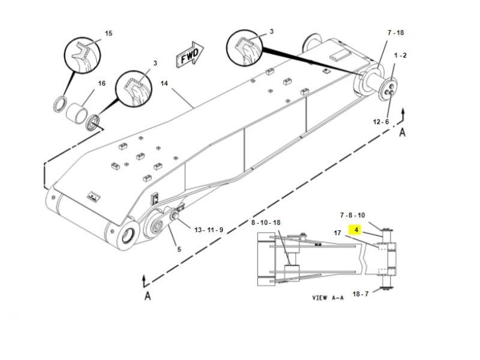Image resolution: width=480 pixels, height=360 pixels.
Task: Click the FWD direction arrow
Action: pyautogui.click(x=190, y=55)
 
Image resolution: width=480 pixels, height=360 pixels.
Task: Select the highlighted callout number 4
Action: pyautogui.click(x=356, y=230)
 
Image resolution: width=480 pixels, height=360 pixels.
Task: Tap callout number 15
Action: pyautogui.click(x=109, y=33)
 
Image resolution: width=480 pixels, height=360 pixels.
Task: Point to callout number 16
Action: pyautogui.click(x=101, y=83)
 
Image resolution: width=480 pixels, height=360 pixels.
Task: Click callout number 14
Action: pyautogui.click(x=164, y=83)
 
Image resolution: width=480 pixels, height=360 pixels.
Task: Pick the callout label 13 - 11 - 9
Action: pyautogui.click(x=209, y=230)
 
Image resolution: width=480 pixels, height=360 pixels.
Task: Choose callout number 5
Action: pyautogui.click(x=179, y=249)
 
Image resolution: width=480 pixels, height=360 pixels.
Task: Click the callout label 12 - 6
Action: pyautogui.click(x=381, y=122)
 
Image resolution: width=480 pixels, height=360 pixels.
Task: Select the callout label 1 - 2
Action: pyautogui.click(x=400, y=55)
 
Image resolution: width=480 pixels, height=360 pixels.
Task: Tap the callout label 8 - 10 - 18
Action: pyautogui.click(x=266, y=223)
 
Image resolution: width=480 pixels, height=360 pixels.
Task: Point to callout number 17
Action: pyautogui.click(x=337, y=233)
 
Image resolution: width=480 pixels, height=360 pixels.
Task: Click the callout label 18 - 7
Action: pyautogui.click(x=361, y=294)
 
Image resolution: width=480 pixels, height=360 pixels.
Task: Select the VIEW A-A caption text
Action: pyautogui.click(x=328, y=298)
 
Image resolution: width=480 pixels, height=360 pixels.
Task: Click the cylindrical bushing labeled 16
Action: pyautogui.click(x=77, y=113)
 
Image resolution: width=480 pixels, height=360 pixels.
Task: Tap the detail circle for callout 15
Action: pyautogui.click(x=82, y=55)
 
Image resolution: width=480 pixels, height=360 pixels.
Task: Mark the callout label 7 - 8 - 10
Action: pyautogui.click(x=353, y=215)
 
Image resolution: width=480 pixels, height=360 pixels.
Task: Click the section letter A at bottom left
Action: pyautogui.click(x=148, y=296)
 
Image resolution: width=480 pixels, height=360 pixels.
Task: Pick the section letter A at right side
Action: pyautogui.click(x=402, y=132)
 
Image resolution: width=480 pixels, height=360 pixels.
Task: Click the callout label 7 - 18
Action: pyautogui.click(x=396, y=32)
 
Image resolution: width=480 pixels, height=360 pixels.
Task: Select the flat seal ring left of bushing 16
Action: pyautogui.click(x=59, y=104)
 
